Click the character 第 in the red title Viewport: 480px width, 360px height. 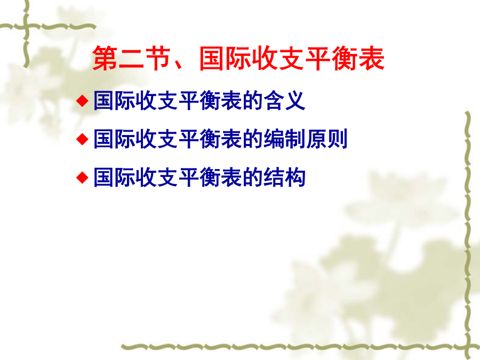[105, 58]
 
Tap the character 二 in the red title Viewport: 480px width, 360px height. [131, 58]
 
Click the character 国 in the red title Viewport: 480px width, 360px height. [212, 58]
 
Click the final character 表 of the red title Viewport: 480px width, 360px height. [371, 58]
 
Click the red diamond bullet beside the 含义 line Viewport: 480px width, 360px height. [82, 101]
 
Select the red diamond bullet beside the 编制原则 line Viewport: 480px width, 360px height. [82, 139]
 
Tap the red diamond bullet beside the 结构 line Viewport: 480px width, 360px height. [82, 177]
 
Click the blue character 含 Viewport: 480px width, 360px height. [274, 100]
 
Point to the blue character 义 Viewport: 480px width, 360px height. [295, 100]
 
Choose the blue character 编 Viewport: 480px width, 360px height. [274, 139]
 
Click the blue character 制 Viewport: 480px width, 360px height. [295, 139]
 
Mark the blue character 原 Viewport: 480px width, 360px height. [316, 139]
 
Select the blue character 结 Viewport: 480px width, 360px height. [274, 177]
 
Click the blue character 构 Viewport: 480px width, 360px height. [295, 177]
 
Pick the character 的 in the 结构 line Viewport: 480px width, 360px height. [253, 177]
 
